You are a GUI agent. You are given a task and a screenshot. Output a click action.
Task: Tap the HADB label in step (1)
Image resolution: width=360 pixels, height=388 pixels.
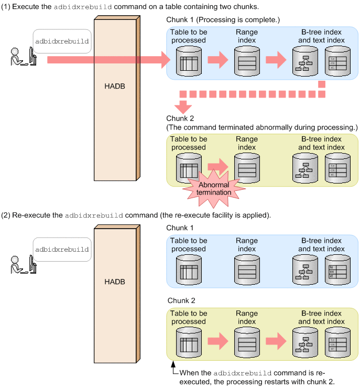[x=115, y=85]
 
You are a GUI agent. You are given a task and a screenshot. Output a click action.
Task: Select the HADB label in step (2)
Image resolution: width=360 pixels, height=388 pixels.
[x=115, y=282]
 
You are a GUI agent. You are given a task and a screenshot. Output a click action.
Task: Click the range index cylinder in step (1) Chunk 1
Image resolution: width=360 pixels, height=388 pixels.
[x=247, y=60]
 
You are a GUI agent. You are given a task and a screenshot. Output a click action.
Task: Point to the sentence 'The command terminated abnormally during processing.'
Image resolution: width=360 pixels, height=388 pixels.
[x=261, y=127]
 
